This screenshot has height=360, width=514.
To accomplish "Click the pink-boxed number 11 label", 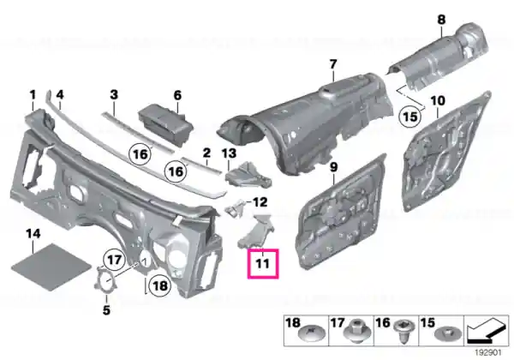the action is coord(263,264).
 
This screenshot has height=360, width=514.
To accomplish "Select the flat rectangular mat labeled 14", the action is coord(51,267).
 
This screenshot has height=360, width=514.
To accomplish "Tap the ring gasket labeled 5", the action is coord(106,280).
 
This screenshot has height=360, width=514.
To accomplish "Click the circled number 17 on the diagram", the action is coord(115,261).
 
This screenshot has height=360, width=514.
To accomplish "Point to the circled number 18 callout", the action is coord(160,285).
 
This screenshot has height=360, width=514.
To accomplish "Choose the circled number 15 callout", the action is coord(410,117).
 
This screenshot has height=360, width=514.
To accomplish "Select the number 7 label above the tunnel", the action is coord(333,64).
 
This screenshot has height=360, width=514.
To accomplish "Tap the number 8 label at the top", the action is coord(441,20).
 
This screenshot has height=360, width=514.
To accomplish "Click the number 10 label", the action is coord(438,100).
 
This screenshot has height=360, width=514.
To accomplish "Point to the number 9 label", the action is coord(333,167).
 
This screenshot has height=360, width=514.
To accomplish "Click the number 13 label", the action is coord(229,153).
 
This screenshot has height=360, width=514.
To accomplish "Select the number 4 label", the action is coord(60,95).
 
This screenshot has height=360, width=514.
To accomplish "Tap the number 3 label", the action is coord(113,95).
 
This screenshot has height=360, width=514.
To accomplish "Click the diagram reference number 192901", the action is coord(488,353).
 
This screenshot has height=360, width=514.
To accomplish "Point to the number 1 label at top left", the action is coord(33,95).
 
